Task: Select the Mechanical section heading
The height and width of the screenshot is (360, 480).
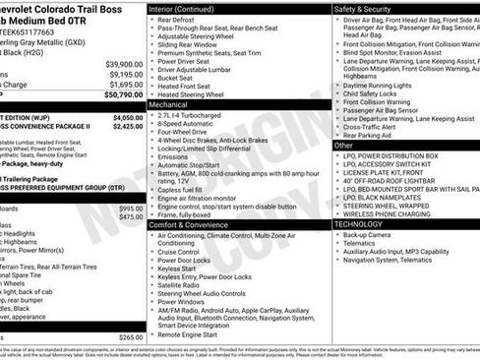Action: [170, 102]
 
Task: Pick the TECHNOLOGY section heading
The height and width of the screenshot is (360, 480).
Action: [360, 224]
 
